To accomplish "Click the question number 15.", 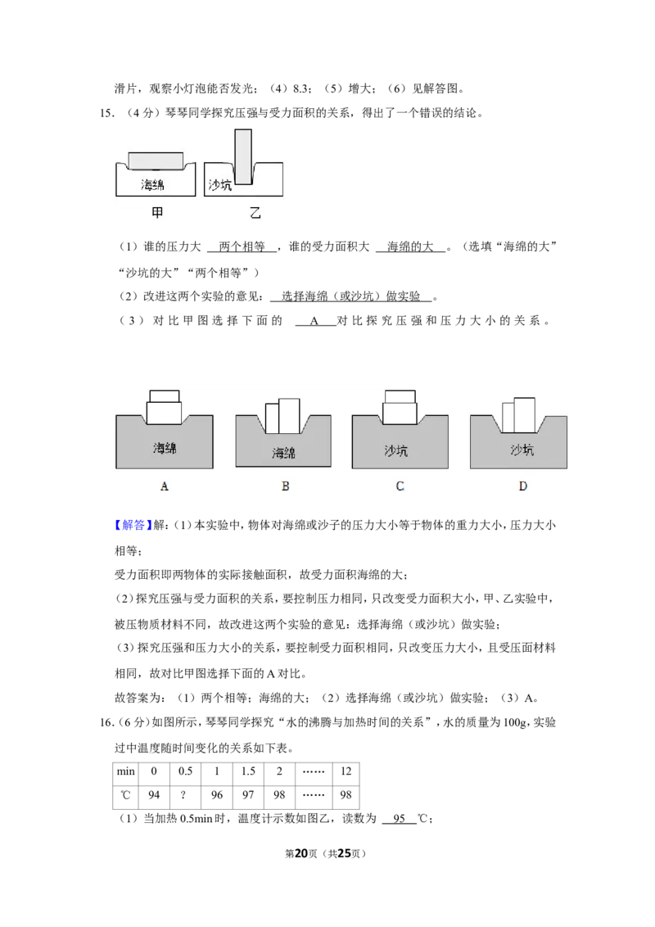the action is click(107, 113).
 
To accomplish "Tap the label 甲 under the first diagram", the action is click(156, 213).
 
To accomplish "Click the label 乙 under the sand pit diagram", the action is click(255, 213).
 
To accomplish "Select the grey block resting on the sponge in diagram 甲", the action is click(156, 161).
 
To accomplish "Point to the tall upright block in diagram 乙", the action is click(243, 156).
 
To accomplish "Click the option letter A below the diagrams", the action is click(165, 486).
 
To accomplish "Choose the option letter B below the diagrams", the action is click(286, 486).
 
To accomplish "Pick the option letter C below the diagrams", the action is click(400, 486).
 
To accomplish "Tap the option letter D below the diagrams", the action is click(522, 486).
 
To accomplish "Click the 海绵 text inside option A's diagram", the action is click(165, 448).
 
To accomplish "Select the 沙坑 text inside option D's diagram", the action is click(522, 450).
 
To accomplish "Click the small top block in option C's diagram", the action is click(400, 396).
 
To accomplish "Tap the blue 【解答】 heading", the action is click(133, 525).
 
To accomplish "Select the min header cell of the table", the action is click(126, 771).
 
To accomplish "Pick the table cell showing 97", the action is click(248, 795).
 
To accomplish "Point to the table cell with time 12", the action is click(346, 771).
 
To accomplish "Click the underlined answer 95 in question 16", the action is click(399, 819).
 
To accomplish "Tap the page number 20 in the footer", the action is click(301, 853).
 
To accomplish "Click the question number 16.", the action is click(107, 722).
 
